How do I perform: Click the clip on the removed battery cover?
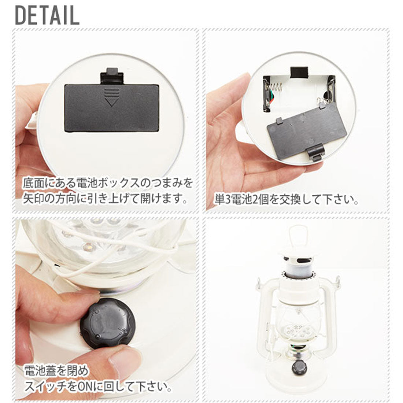316,151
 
